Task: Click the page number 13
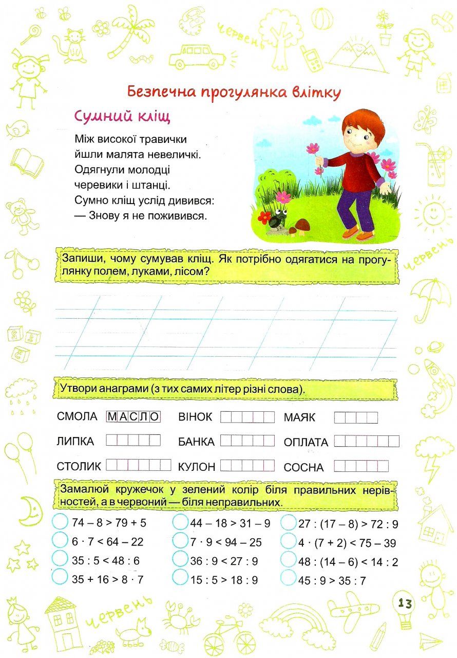coord(405,603)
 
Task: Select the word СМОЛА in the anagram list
coord(78,416)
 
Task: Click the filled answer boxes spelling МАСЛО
coord(133,416)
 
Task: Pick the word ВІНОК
coord(195,417)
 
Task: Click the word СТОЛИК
coord(79,466)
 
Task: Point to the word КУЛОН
coord(197,467)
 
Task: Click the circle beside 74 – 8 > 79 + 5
coord(60,522)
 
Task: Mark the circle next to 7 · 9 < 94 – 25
coord(180,541)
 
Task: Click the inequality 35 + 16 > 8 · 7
coord(108,579)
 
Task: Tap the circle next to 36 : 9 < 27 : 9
coord(180,559)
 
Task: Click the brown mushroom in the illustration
coord(302,225)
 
